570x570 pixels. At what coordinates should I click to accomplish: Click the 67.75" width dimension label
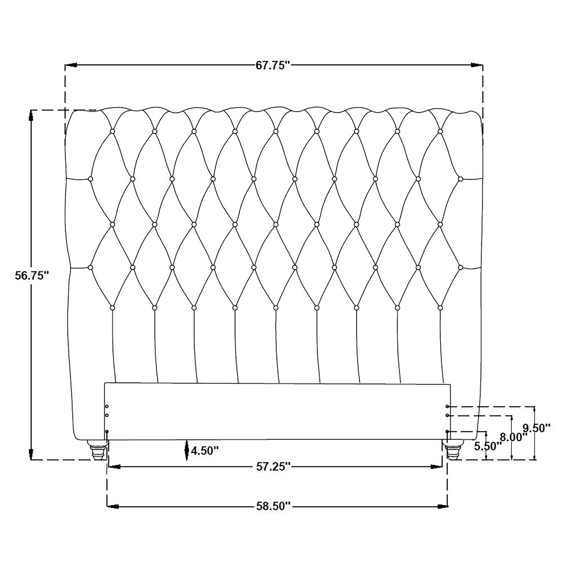[273, 65]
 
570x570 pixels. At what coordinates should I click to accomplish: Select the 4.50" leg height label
[205, 451]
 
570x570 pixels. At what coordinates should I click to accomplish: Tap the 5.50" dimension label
[488, 446]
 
